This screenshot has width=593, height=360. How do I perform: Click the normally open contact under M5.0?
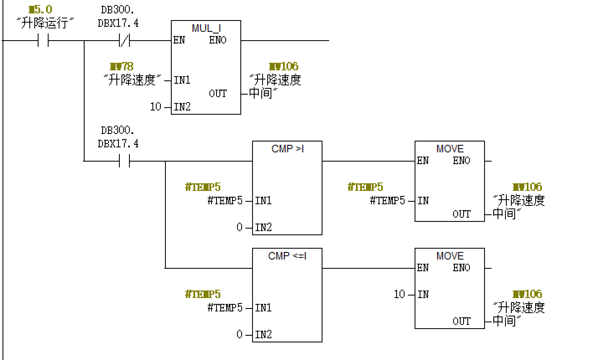43,41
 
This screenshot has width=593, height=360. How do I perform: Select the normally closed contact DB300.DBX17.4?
124,41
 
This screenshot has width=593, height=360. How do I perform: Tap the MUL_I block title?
206,28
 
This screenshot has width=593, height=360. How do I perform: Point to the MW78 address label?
121,67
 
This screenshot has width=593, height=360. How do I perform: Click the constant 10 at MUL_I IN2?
155,107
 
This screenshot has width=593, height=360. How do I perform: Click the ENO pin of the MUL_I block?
218,40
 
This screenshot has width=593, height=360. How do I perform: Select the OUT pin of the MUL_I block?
218,93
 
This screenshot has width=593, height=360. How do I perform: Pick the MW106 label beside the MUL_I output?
284,67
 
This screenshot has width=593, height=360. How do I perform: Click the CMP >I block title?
287,149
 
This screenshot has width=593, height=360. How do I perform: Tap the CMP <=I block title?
287,256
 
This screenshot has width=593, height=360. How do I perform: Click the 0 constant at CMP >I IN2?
240,227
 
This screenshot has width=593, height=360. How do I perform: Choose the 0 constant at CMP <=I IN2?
240,334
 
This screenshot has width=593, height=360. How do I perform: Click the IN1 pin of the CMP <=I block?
263,308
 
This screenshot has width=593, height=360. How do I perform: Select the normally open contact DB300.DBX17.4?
124,161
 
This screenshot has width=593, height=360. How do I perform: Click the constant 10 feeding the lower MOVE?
399,294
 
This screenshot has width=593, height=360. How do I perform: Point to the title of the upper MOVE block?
450,149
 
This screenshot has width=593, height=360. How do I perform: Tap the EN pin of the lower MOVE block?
423,268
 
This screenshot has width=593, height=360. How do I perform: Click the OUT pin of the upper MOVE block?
462,214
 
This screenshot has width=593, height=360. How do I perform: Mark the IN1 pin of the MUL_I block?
182,80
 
